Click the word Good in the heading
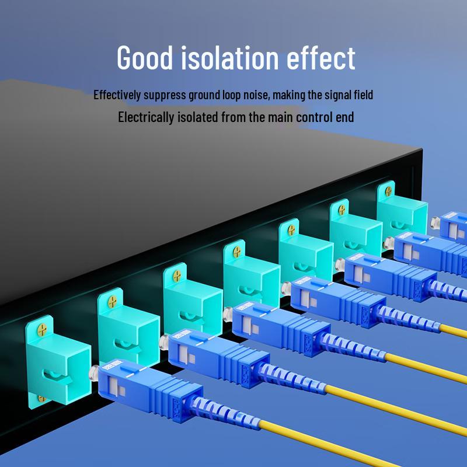tap(145, 57)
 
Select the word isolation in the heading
tap(229, 57)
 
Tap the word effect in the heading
tap(320, 57)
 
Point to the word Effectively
tap(117, 95)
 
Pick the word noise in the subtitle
tap(256, 95)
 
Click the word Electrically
tap(147, 117)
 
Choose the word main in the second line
tap(281, 117)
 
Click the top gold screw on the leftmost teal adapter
tap(42, 330)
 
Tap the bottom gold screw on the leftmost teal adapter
tap(41, 399)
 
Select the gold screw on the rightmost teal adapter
tap(388, 191)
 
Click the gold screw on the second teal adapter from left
tap(113, 302)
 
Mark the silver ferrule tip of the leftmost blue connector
tap(94, 373)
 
